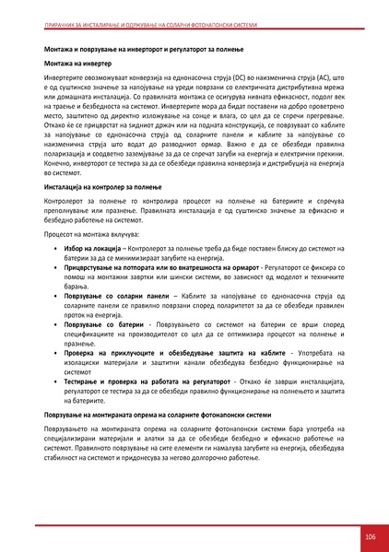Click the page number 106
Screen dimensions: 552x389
tap(370, 536)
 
